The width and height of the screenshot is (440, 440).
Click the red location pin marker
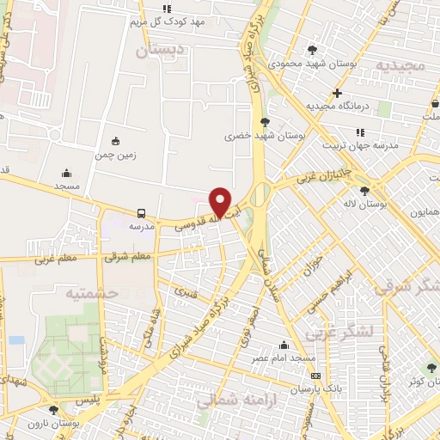click(x=221, y=202)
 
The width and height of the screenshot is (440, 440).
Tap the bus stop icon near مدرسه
click(x=140, y=213)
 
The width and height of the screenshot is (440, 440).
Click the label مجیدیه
click(x=398, y=65)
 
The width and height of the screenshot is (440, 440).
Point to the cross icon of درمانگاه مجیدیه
click(x=338, y=93)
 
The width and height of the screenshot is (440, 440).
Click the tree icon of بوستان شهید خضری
click(x=265, y=122)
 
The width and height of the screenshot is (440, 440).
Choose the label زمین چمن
click(x=116, y=155)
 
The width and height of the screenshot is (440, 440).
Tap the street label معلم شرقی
click(x=129, y=255)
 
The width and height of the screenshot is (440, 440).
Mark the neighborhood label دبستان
click(x=159, y=51)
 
